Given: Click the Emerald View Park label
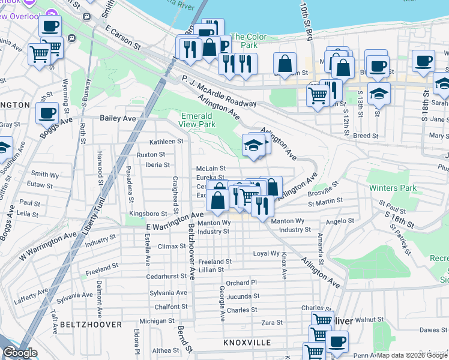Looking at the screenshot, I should (x=196, y=120).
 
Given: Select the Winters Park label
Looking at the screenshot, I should (x=392, y=188).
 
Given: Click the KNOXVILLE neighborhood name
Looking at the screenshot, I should (x=247, y=342).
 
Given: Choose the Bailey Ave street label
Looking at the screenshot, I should (x=118, y=118).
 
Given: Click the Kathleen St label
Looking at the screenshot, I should (x=166, y=142).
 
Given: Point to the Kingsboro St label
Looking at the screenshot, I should (x=148, y=214).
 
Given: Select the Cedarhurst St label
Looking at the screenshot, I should (x=167, y=277).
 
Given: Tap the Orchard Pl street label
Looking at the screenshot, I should (x=241, y=283).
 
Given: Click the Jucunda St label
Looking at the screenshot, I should (x=243, y=296).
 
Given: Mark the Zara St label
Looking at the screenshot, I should (x=272, y=323).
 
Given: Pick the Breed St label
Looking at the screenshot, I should (x=366, y=136).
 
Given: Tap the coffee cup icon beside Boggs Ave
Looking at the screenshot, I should (x=47, y=112).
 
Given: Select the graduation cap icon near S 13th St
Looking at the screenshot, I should (x=379, y=93).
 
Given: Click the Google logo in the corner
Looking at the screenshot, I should (x=20, y=353).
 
